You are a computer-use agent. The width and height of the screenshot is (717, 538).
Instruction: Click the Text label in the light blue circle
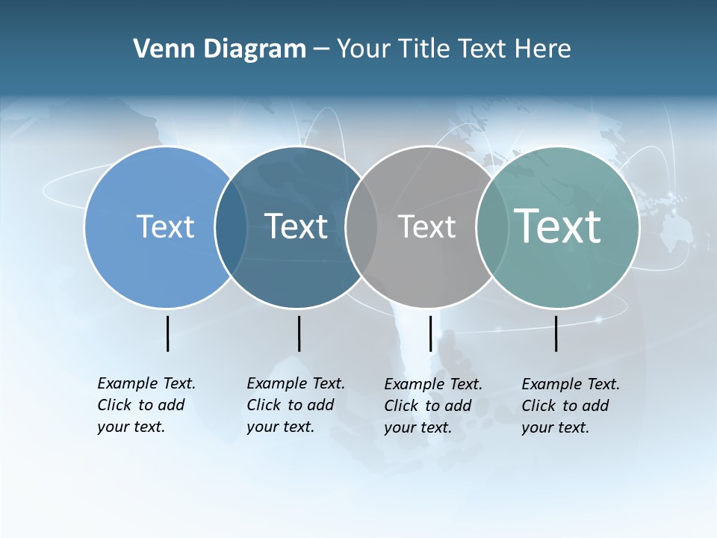pos(165,226)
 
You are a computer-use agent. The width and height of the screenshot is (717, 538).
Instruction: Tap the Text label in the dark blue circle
pos(296,226)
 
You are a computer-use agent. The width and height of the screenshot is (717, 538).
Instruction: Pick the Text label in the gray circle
pos(426,226)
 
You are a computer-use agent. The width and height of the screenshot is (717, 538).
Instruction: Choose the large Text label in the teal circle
pos(557,226)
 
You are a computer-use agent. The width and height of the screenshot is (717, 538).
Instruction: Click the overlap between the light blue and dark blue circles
pos(231,227)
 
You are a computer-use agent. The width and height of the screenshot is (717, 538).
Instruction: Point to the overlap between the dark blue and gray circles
pos(361,227)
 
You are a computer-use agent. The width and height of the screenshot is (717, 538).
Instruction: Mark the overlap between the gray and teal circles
pos(491,227)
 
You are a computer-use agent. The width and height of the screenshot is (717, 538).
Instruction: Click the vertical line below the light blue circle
pos(168,333)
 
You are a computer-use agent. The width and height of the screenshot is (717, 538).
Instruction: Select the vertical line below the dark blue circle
pos(299,333)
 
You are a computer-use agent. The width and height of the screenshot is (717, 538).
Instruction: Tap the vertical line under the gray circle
pos(430,333)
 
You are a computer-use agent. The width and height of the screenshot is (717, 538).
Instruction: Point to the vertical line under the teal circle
pos(556,333)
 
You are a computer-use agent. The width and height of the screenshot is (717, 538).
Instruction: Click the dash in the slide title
pos(321,50)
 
